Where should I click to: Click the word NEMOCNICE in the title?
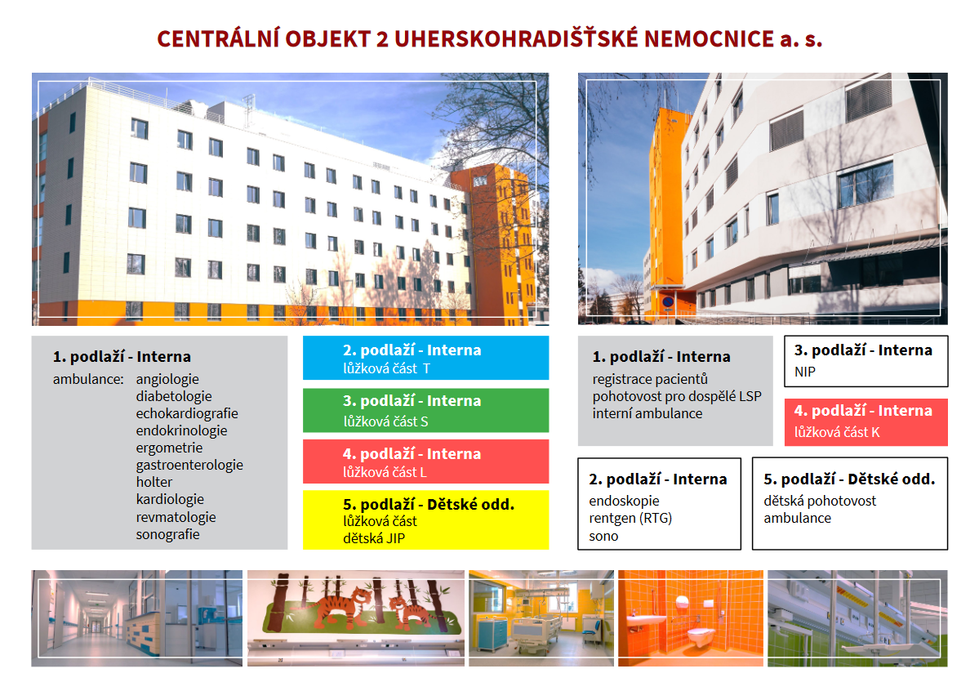pos(709,38)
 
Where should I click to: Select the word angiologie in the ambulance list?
pos(167,379)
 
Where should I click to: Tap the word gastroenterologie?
pos(189,465)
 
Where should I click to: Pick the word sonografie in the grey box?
pos(167,534)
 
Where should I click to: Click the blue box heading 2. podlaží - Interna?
pos(412,350)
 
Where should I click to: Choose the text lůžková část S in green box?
pos(385,421)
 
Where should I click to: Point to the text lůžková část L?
pos(385,472)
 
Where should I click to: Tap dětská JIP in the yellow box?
pos(373,538)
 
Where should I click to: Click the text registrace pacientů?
pos(650,379)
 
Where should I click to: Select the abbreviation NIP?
pos(805,372)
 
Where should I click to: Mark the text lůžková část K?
pos(837,432)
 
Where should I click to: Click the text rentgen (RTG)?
pos(630,519)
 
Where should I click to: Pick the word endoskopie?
pos(624,501)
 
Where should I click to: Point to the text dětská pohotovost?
pos(819,501)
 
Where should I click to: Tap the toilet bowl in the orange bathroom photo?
pos(701,636)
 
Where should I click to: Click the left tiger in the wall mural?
pos(337,604)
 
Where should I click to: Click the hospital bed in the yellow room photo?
pos(534,630)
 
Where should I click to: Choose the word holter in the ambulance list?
pos(154,482)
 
